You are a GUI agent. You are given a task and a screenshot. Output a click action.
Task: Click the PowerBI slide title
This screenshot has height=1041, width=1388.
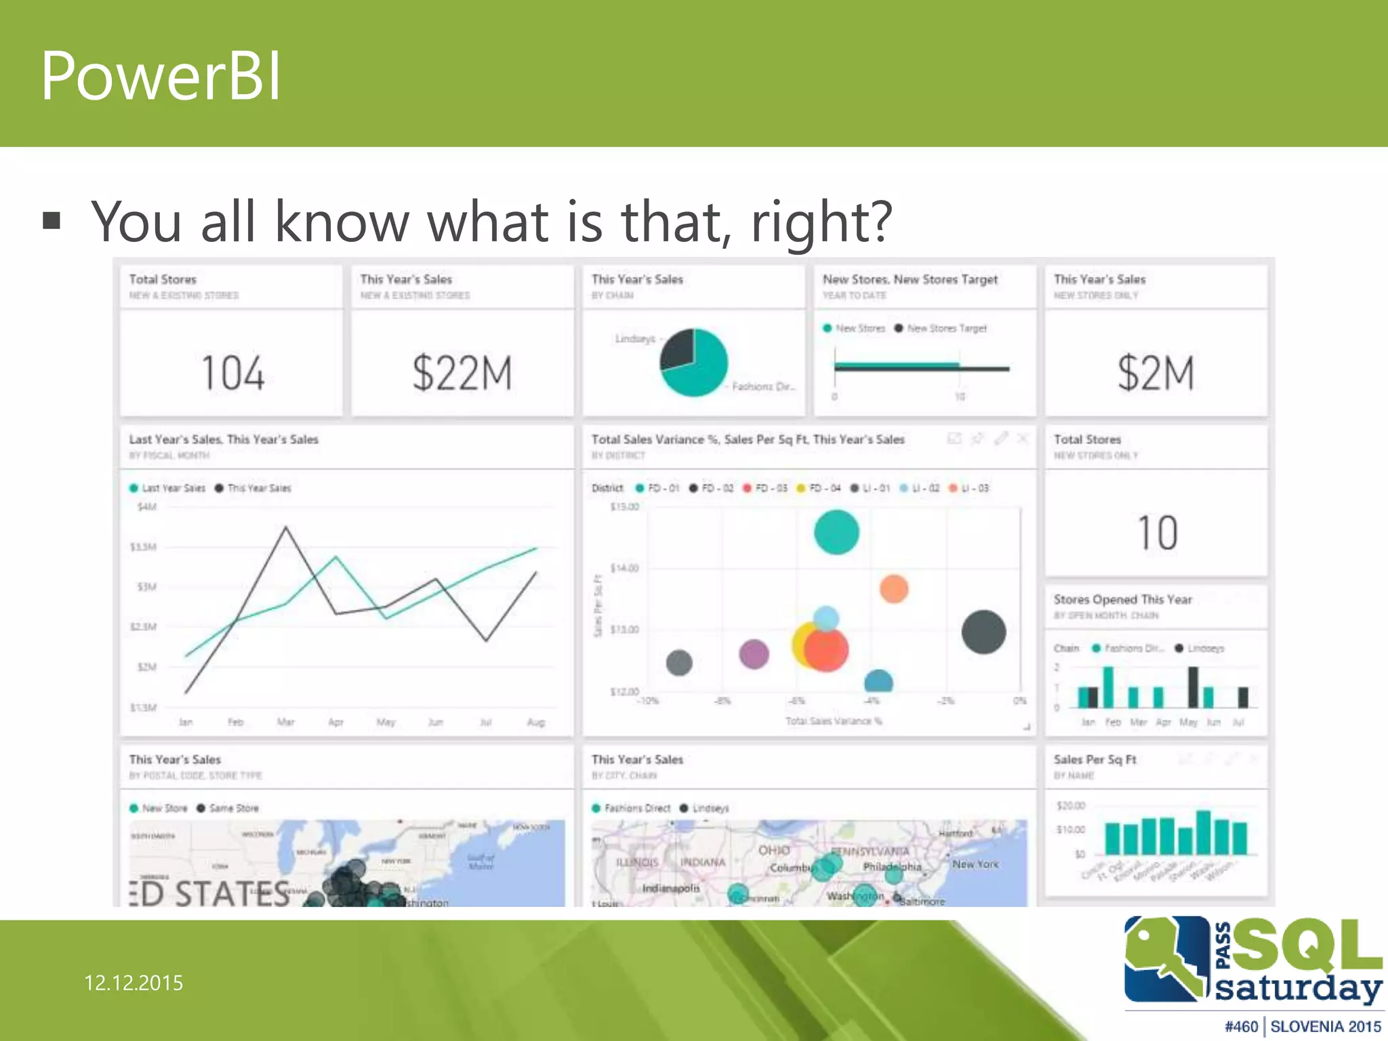pyautogui.click(x=161, y=76)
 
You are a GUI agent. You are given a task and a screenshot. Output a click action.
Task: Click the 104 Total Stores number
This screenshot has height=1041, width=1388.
pyautogui.click(x=232, y=373)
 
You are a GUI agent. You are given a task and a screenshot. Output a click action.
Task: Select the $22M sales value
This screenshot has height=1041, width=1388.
pyautogui.click(x=462, y=373)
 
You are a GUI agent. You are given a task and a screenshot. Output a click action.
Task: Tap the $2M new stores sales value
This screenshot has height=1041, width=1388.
pyautogui.click(x=1156, y=373)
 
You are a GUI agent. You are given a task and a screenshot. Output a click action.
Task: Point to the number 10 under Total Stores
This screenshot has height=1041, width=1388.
pyautogui.click(x=1157, y=533)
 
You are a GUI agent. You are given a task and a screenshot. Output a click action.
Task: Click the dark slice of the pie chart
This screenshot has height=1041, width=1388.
pyautogui.click(x=678, y=349)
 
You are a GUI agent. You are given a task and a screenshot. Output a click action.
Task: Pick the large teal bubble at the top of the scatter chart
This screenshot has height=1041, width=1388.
pyautogui.click(x=836, y=532)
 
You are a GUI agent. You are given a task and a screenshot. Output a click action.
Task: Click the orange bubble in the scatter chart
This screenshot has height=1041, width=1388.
pyautogui.click(x=894, y=589)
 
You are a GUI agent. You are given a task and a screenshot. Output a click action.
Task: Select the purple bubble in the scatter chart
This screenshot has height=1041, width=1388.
pyautogui.click(x=754, y=654)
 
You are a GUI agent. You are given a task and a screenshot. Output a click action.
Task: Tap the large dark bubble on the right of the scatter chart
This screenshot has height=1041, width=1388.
pyautogui.click(x=983, y=632)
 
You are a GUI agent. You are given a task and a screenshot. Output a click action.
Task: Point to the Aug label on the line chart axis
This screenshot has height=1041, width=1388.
pyautogui.click(x=535, y=722)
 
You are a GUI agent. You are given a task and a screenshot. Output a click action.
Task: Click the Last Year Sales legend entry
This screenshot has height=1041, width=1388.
pyautogui.click(x=173, y=488)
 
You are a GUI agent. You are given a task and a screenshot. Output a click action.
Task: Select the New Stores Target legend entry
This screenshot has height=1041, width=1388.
pyautogui.click(x=946, y=328)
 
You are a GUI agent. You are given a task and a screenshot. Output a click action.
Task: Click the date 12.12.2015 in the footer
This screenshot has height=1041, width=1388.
pyautogui.click(x=134, y=983)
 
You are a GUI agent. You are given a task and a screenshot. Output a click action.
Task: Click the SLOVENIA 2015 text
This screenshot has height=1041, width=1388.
pyautogui.click(x=1325, y=1027)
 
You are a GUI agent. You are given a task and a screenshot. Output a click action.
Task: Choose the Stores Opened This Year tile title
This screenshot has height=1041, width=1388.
pyautogui.click(x=1122, y=599)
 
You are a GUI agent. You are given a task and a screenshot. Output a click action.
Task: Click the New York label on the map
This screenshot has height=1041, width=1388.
pyautogui.click(x=975, y=864)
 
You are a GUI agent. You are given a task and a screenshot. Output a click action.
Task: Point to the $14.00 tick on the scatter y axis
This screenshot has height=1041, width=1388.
pyautogui.click(x=624, y=568)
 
